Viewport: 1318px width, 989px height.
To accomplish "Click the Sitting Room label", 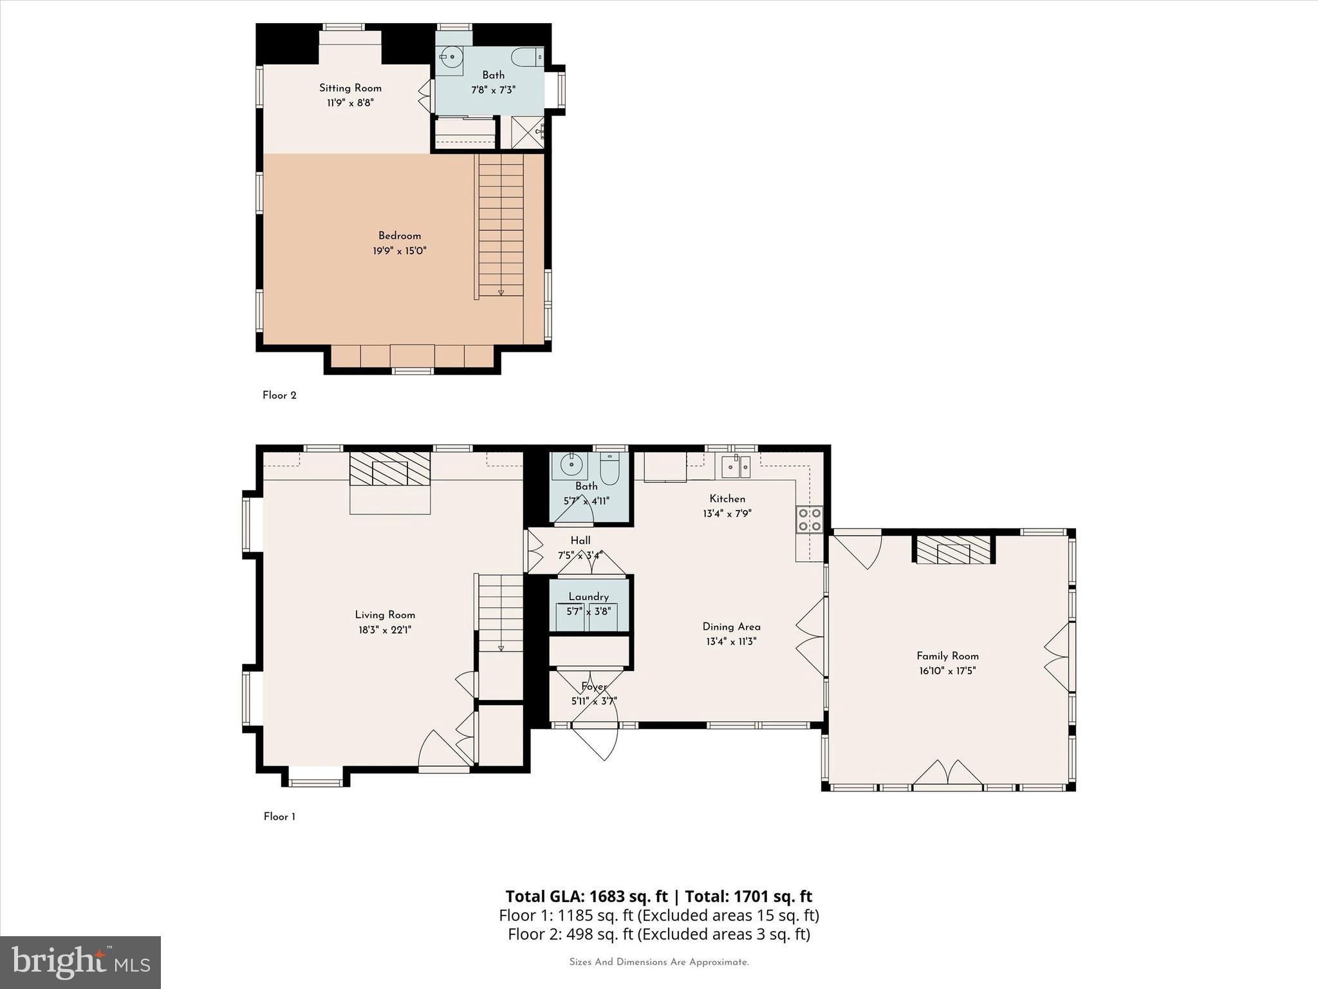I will click(x=350, y=88).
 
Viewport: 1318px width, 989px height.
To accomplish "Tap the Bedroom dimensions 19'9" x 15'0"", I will click(x=399, y=251).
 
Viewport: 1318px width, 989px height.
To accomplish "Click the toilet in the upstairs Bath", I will click(x=526, y=57).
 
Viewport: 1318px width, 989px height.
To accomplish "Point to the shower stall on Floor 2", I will click(x=528, y=132).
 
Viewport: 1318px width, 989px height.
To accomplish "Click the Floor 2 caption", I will click(x=279, y=395).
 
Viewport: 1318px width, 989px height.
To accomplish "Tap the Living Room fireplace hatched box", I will click(x=389, y=468).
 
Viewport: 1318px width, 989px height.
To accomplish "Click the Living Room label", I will click(x=385, y=615).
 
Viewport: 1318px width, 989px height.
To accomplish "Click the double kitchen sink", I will click(x=736, y=466).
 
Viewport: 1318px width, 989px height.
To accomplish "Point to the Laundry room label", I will click(x=588, y=597).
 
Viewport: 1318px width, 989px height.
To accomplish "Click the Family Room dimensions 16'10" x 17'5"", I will click(x=947, y=671).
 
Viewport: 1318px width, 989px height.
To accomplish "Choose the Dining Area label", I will click(x=731, y=626).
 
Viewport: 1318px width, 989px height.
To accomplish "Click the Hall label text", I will click(x=580, y=541).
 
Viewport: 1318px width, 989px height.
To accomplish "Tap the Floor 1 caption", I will click(x=279, y=816).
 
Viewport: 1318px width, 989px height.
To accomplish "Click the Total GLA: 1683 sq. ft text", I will click(x=586, y=896).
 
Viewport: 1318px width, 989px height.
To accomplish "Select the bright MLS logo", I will click(x=80, y=962).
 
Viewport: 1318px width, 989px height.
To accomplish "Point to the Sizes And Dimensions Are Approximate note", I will click(x=659, y=962).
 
